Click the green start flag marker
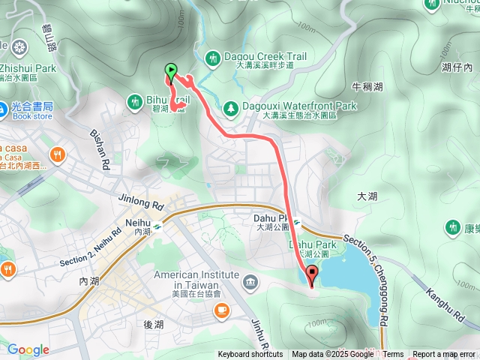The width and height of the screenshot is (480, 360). click(x=171, y=73)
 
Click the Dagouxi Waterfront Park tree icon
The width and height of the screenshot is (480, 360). click(x=230, y=109)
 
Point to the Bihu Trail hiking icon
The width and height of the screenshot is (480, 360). click(x=135, y=100)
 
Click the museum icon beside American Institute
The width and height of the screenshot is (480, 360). click(x=248, y=283)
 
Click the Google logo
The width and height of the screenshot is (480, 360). click(x=28, y=349)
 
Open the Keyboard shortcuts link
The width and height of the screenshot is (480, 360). click(x=250, y=355)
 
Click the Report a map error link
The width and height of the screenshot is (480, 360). click(x=444, y=355)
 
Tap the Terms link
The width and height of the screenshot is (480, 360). click(x=393, y=355)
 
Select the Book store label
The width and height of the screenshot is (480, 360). click(x=32, y=116)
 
